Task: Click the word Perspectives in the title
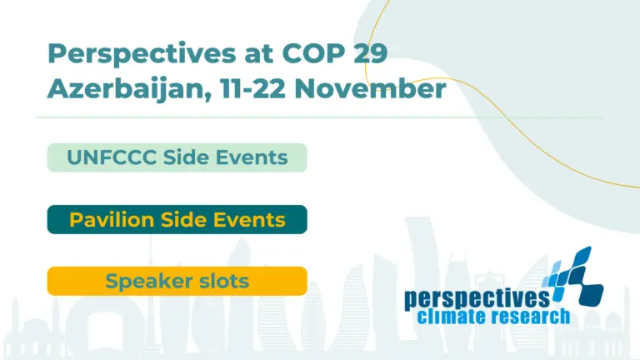click(x=142, y=54)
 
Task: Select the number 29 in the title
click(x=370, y=52)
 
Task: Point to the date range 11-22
click(x=252, y=88)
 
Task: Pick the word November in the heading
click(x=370, y=88)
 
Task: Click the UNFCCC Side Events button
click(x=177, y=157)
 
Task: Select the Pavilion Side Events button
click(x=177, y=220)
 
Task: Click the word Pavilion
click(x=112, y=220)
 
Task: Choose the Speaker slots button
click(x=177, y=281)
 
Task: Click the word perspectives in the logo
click(x=477, y=300)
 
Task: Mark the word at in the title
click(x=259, y=53)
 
